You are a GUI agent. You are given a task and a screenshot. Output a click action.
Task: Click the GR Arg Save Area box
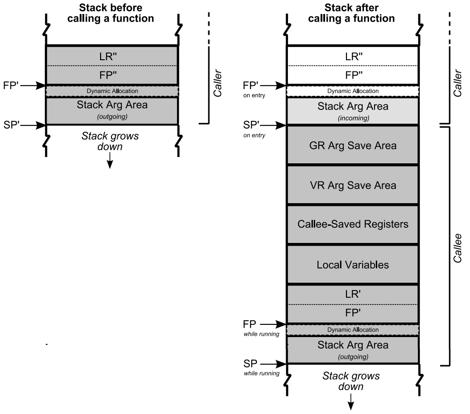pyautogui.click(x=353, y=146)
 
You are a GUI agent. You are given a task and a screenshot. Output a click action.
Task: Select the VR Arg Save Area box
pyautogui.click(x=353, y=185)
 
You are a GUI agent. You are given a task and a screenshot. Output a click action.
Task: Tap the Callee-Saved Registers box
pyautogui.click(x=353, y=224)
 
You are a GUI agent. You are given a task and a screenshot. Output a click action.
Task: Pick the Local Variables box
pyautogui.click(x=353, y=264)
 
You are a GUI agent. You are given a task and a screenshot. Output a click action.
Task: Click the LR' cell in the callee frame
pyautogui.click(x=353, y=294)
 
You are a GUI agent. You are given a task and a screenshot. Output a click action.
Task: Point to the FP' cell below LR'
pyautogui.click(x=353, y=313)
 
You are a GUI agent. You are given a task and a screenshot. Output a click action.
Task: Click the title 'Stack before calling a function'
pyautogui.click(x=111, y=13)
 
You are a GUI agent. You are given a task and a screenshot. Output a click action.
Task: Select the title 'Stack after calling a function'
pyautogui.click(x=353, y=13)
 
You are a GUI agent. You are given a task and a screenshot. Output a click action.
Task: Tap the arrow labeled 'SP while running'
pyautogui.click(x=273, y=364)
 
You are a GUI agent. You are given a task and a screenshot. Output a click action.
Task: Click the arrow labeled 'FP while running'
pyautogui.click(x=273, y=324)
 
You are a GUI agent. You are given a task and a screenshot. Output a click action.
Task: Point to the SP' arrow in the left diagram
pyautogui.click(x=33, y=124)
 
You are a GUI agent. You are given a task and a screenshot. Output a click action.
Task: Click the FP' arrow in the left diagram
pyautogui.click(x=33, y=85)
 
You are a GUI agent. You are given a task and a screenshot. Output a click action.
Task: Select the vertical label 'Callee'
pyautogui.click(x=458, y=248)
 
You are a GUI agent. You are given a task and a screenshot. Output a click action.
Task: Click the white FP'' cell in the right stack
pyautogui.click(x=353, y=75)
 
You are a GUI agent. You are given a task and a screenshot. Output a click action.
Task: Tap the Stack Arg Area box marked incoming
pyautogui.click(x=353, y=110)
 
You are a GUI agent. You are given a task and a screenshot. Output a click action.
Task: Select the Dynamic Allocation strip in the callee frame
pyautogui.click(x=353, y=330)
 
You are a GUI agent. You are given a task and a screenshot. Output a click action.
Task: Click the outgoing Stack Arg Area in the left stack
pyautogui.click(x=112, y=110)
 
